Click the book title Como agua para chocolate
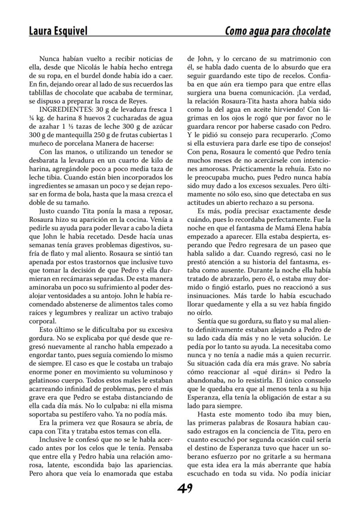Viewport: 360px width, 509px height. (x=277, y=31)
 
